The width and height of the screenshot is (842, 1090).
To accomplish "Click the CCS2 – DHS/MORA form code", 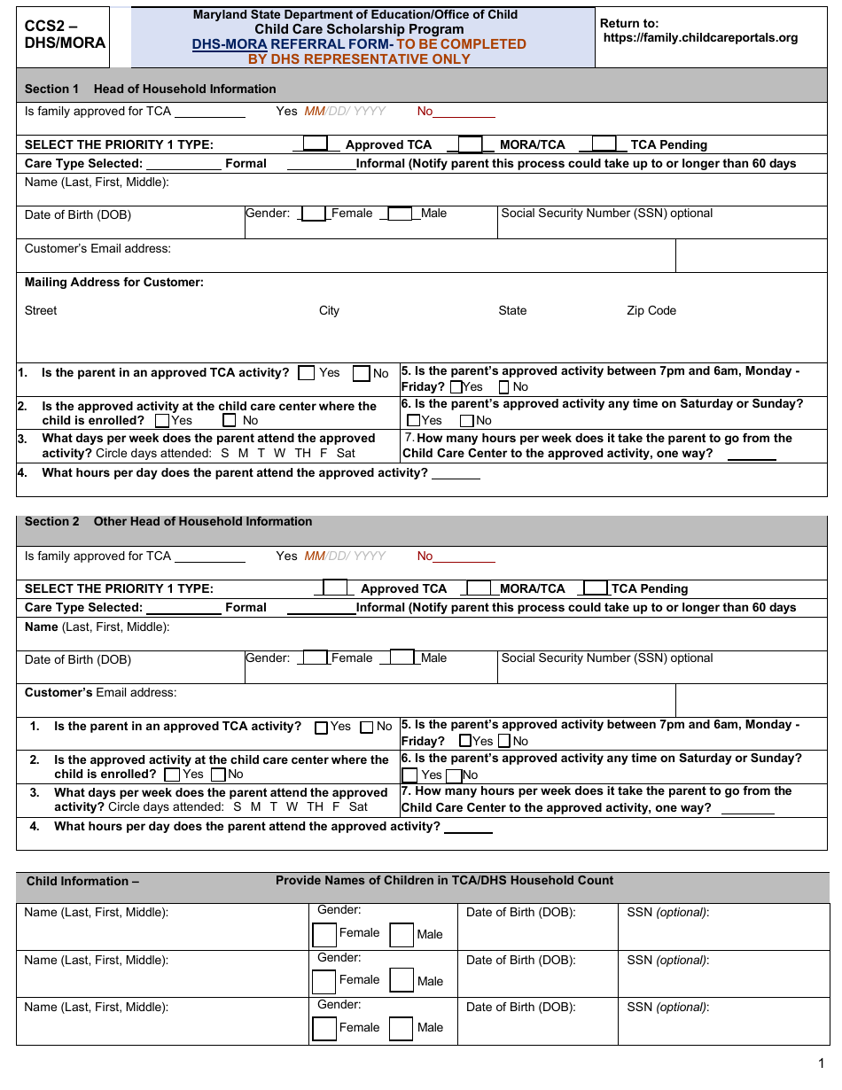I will coord(65,35).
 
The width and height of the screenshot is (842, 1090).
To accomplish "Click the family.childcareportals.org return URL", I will coord(700,38).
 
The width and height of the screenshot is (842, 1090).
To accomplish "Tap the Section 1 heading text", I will coord(150,89).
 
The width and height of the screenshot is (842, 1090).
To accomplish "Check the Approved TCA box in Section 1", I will coord(316,144).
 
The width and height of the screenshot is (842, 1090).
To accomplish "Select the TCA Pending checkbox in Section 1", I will coord(604,144).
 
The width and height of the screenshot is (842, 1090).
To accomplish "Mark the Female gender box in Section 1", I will coord(314,214).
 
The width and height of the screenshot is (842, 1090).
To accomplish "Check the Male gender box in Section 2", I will coord(402,658).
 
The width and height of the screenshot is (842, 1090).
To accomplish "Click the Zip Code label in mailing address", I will coord(651,311).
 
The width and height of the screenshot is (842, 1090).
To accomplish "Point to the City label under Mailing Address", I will coord(329,311).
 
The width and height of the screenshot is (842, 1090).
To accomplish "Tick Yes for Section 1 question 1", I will coord(307,373).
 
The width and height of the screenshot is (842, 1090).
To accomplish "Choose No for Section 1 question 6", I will coord(467,421).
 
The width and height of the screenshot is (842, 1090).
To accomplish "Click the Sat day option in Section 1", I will coord(346,453).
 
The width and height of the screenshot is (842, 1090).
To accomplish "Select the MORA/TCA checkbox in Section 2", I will coord(479,588).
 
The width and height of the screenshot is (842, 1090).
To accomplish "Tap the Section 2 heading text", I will coord(168,522).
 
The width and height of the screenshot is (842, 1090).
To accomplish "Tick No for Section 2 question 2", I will coord(218,775).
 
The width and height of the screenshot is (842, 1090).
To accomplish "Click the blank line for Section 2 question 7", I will coord(747,808).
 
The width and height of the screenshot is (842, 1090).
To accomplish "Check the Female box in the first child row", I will coord(324,935).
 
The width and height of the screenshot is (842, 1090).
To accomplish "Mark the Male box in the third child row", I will coord(402,1029).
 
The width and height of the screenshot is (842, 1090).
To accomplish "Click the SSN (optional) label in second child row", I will coord(667,960).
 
